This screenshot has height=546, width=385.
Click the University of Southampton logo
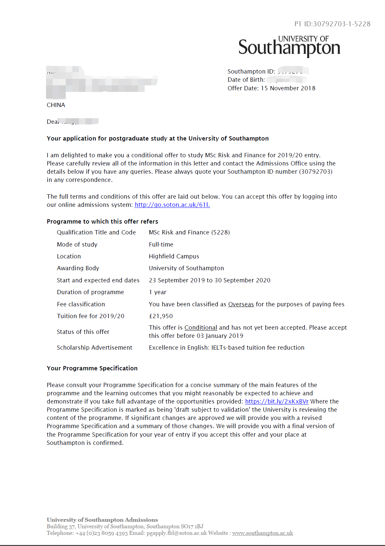click(x=289, y=46)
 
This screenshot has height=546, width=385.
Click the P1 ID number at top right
click(x=332, y=24)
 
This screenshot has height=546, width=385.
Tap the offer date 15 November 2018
click(x=288, y=88)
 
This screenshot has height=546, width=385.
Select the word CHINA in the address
click(x=56, y=105)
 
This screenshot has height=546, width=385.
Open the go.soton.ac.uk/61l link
click(x=172, y=205)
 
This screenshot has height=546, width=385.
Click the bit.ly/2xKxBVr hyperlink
click(x=277, y=402)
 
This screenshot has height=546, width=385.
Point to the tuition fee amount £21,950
click(x=161, y=316)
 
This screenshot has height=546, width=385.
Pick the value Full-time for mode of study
click(x=161, y=245)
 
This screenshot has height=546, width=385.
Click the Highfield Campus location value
click(x=174, y=256)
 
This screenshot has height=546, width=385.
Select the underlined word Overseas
click(x=241, y=304)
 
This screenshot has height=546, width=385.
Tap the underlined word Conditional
click(x=201, y=328)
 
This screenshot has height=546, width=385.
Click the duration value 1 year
click(x=157, y=292)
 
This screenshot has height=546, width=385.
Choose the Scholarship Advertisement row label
click(x=94, y=348)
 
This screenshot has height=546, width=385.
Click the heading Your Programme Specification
click(x=92, y=368)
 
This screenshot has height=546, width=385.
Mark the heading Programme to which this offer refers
click(x=102, y=222)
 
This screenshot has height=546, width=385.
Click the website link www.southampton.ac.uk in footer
click(x=262, y=533)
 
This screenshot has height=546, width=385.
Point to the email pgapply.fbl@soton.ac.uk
click(x=177, y=533)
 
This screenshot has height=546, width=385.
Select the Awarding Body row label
click(x=78, y=268)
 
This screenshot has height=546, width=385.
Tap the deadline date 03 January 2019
click(x=220, y=336)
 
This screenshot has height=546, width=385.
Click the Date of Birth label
click(x=246, y=80)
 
